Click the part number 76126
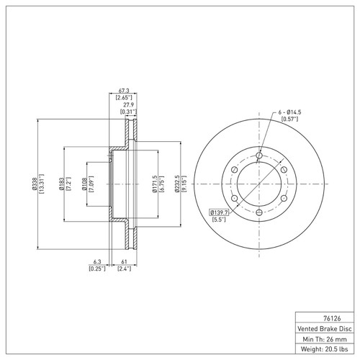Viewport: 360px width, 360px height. point(332,318)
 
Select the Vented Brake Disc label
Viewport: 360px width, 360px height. point(325,328)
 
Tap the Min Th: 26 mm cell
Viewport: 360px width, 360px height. point(325,339)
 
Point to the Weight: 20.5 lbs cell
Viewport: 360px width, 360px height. point(325,349)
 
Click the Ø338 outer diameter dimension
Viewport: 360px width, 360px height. point(34,184)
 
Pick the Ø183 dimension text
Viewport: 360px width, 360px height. point(61,184)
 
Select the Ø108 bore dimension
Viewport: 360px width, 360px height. point(84,184)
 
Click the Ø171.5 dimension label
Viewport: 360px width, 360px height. point(154,184)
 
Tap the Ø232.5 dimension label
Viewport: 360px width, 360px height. point(177,184)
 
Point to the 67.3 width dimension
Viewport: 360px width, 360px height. point(124,91)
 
